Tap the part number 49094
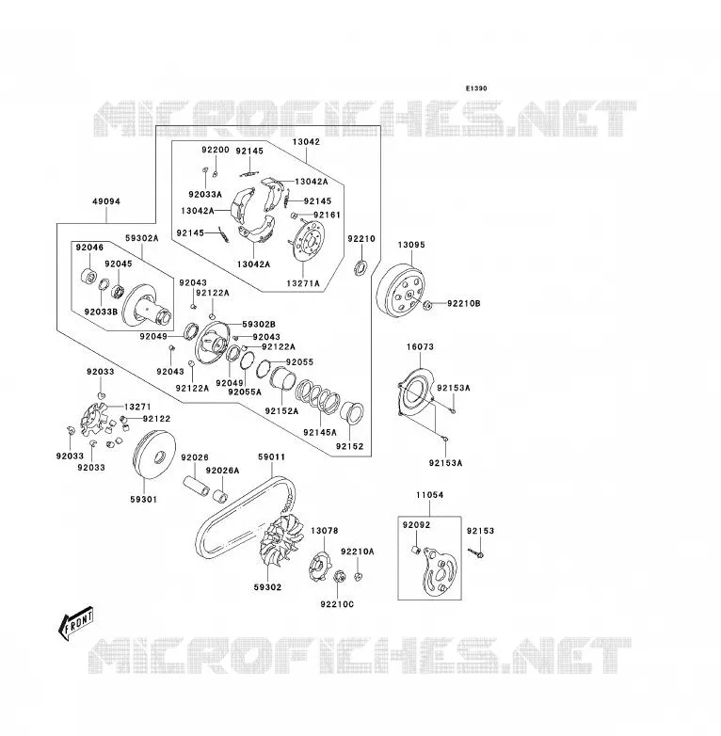pos(106,201)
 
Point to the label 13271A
pos(303,283)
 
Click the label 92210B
pos(464,304)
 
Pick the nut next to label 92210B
pos(427,306)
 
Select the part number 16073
pos(420,347)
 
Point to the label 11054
pos(429,495)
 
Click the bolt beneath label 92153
pos(476,553)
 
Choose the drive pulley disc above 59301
pos(155,456)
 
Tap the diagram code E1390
pos(476,88)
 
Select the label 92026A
pos(222,471)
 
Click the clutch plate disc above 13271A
pos(307,241)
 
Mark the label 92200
pos(216,150)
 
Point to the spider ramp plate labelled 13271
pos(95,419)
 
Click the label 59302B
pos(259,325)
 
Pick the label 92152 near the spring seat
pos(350,446)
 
